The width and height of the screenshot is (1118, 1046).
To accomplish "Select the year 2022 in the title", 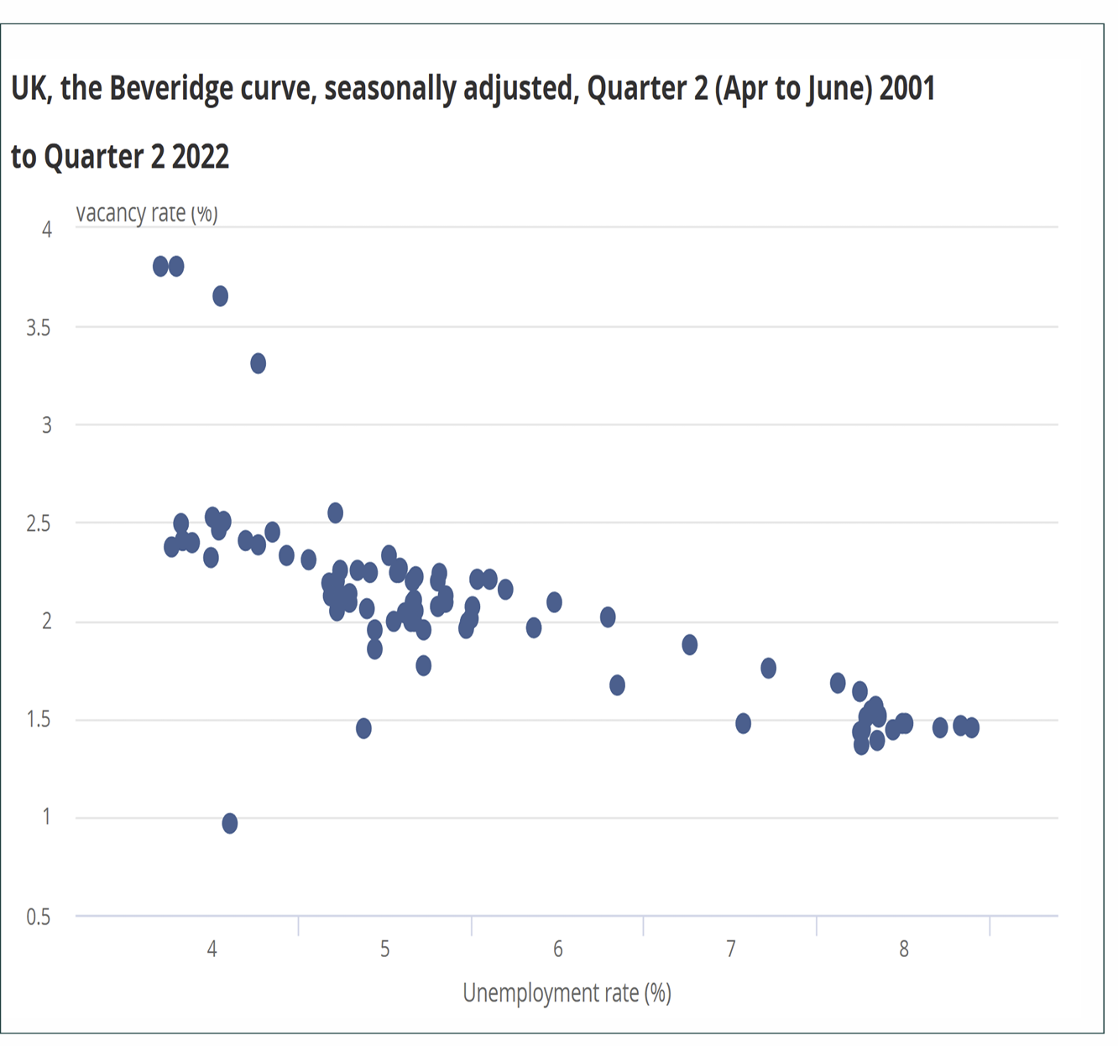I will (x=201, y=157).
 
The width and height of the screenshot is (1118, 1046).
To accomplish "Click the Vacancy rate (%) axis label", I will (x=147, y=214).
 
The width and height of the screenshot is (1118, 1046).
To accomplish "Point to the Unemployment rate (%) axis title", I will (x=567, y=993).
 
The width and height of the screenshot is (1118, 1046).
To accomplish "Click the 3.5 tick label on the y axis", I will (x=39, y=328).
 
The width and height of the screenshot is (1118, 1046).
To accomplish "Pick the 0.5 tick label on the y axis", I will (x=39, y=917).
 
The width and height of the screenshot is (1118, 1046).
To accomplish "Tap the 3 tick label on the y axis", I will (x=47, y=425).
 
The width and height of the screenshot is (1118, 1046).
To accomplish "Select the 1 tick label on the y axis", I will (x=47, y=817).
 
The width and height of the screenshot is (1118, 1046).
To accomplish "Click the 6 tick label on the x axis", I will (x=558, y=949).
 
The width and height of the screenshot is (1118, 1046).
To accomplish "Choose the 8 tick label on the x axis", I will (x=904, y=949).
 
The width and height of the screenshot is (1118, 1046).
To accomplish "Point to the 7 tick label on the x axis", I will (x=731, y=949).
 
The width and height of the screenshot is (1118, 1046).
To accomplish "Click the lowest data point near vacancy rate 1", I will (x=230, y=824).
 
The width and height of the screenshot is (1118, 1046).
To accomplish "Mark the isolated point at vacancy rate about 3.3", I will (x=259, y=364).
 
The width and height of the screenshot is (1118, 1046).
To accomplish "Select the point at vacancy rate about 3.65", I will (x=221, y=296).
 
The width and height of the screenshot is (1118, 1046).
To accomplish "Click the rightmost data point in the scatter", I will (x=972, y=728).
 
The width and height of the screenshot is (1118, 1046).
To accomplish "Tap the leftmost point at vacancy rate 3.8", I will (x=161, y=267).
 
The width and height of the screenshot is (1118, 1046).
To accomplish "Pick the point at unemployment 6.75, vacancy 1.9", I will (x=690, y=645).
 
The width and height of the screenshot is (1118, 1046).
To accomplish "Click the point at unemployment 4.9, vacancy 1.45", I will (x=363, y=728).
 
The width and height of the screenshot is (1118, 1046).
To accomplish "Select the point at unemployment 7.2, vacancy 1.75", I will (x=768, y=669).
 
